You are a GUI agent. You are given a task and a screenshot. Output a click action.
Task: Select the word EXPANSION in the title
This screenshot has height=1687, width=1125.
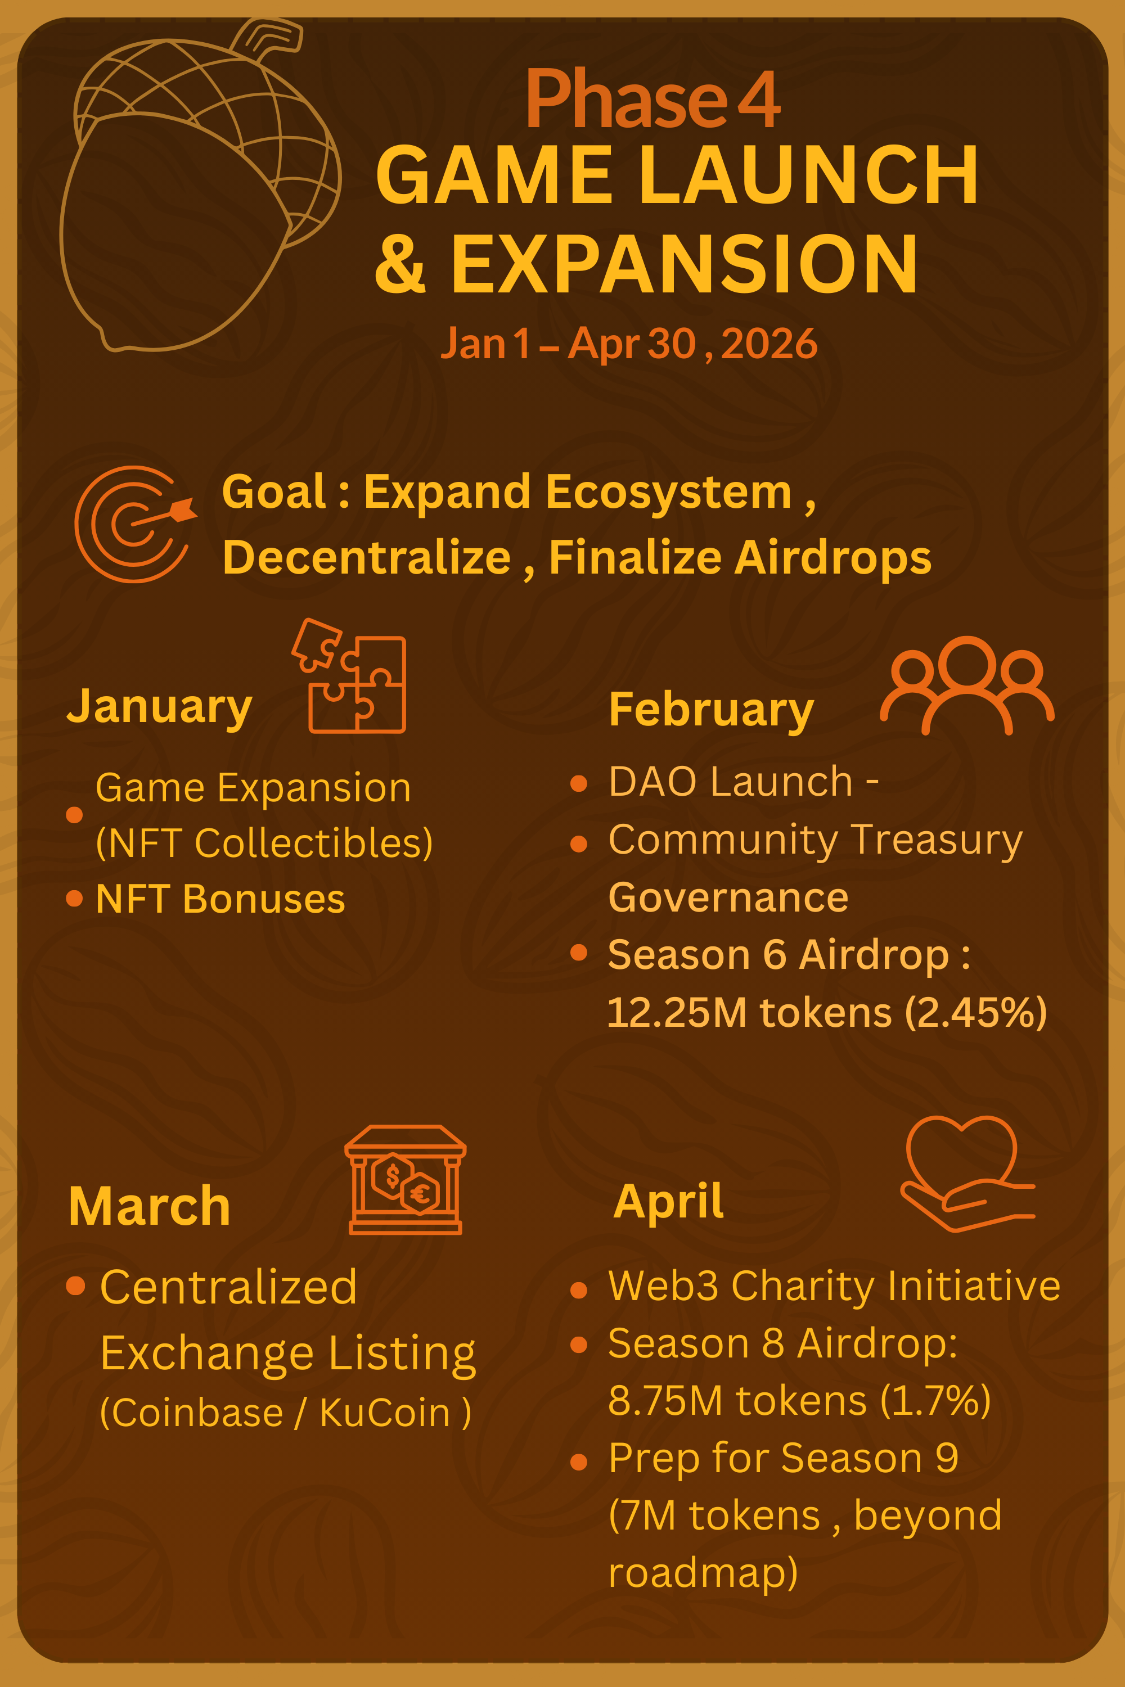point(684,265)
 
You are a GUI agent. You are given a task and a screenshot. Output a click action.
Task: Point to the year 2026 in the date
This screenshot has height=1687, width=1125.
point(768,344)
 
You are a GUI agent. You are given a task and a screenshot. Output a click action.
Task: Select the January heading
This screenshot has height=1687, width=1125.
point(159,706)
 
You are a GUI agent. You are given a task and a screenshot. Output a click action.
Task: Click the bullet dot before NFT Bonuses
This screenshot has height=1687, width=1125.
point(74,898)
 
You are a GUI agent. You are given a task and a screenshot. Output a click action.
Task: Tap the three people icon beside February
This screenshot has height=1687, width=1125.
point(966,685)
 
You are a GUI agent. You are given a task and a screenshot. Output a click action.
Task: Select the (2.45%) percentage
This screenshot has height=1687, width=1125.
point(976,1013)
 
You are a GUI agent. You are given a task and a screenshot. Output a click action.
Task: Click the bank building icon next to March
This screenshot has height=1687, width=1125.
point(406,1180)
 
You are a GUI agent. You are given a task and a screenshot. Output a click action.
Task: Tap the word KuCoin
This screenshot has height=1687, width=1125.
point(385,1413)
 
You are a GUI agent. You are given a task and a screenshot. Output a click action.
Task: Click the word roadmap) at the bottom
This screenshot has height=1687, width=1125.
point(703,1572)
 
